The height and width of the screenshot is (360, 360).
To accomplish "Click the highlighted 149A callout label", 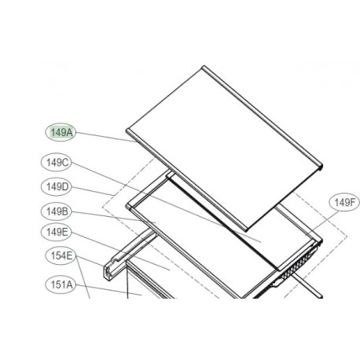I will click(x=61, y=133).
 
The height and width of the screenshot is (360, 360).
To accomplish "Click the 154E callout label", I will click(x=59, y=255).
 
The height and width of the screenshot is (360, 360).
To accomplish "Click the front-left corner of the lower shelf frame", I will click(x=128, y=206).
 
